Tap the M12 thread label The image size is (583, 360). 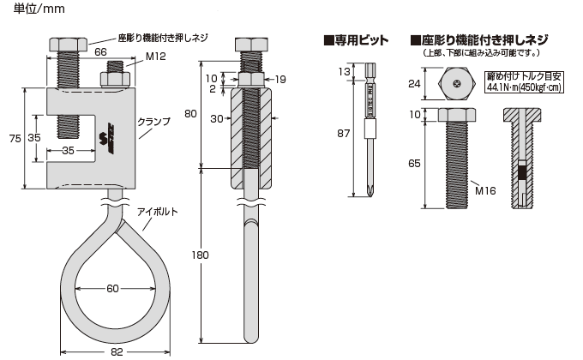coord(155,58)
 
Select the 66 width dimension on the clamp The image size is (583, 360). coord(99,52)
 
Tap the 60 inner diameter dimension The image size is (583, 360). coord(112,288)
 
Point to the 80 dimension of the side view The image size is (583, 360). coord(191,113)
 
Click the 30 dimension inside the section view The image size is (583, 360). coord(216,117)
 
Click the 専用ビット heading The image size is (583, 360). coord(355,40)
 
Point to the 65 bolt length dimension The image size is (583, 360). coord(414,161)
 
